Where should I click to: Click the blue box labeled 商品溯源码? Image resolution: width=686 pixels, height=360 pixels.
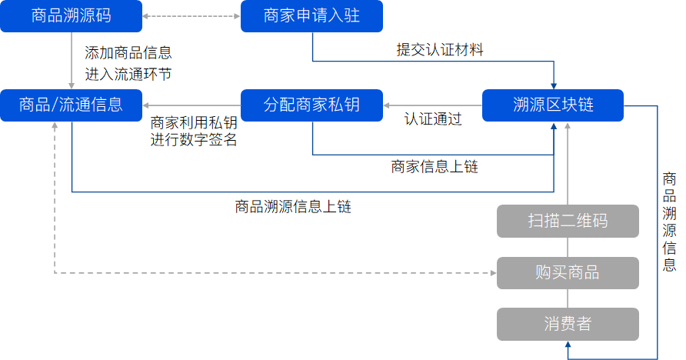[x=72, y=15]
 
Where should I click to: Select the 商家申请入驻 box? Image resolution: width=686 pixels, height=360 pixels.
[x=311, y=15]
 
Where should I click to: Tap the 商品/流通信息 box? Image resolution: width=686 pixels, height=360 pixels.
[x=72, y=105]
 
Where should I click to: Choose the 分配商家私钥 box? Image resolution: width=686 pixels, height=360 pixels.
[x=311, y=105]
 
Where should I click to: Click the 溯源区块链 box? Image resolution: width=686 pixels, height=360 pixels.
[x=553, y=105]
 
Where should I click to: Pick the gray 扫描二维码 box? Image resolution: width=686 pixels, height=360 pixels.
[x=568, y=221]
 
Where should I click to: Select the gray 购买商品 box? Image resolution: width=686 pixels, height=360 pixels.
[x=568, y=272]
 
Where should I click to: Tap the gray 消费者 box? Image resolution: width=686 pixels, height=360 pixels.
[x=568, y=324]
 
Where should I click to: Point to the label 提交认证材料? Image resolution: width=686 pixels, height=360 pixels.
[x=439, y=50]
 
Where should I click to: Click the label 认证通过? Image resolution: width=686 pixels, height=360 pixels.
[x=433, y=119]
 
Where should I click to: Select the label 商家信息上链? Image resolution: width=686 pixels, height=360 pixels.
[x=435, y=166]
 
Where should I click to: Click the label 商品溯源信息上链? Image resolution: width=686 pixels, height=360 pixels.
[x=293, y=206]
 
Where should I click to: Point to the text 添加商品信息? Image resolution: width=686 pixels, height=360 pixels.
[x=128, y=53]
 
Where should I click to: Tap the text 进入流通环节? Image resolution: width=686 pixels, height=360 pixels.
[x=128, y=74]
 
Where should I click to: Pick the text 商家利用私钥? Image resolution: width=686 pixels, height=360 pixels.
[x=194, y=122]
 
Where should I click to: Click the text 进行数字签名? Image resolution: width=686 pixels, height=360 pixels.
[x=194, y=140]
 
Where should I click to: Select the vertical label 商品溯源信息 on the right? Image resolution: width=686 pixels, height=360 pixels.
[x=669, y=222]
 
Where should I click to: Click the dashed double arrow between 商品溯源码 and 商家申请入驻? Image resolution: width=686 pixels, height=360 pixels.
[x=192, y=16]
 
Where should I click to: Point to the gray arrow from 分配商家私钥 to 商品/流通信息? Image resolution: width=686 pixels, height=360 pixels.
[x=192, y=105]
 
